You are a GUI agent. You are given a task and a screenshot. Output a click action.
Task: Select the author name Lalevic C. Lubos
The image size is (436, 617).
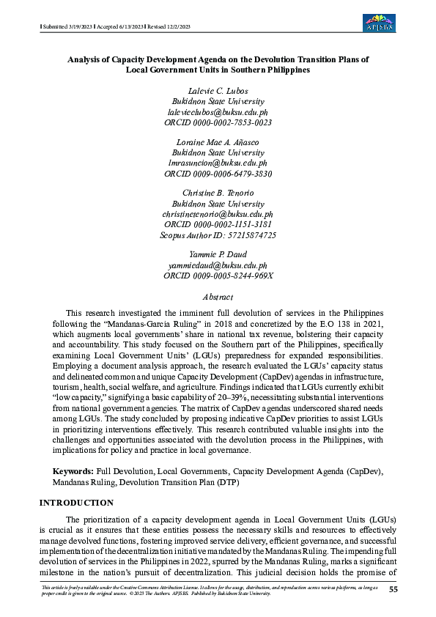(218, 89)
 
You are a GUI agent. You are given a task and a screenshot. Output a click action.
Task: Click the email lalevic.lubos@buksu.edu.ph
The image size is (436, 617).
(218, 112)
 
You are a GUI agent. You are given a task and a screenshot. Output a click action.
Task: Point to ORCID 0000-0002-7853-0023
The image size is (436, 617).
(218, 123)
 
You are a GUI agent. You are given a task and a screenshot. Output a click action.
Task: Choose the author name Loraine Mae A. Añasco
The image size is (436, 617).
(218, 141)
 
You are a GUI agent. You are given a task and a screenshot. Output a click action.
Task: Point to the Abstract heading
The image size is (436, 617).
(218, 297)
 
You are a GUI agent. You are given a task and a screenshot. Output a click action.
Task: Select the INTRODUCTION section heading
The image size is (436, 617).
(76, 503)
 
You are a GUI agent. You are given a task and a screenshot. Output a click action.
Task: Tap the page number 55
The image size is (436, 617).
(393, 589)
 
